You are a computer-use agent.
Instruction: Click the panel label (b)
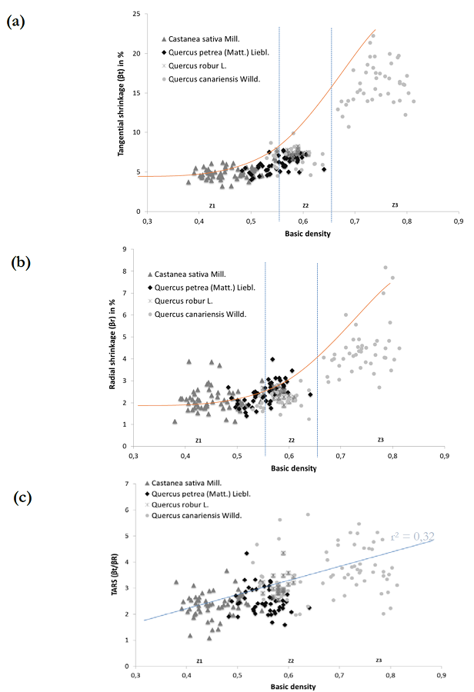tap(21, 263)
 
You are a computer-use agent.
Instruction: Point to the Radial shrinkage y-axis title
tap(112, 350)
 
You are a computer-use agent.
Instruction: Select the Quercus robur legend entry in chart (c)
tap(185, 504)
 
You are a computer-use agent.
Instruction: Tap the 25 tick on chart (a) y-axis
tap(135, 14)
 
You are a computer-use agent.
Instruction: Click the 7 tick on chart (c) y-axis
tap(123, 484)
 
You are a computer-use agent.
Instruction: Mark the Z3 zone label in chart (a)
tap(394, 205)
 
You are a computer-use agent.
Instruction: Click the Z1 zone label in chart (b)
tap(198, 440)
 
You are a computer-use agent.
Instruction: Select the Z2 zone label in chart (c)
tap(292, 661)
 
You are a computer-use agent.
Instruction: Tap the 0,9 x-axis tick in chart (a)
tap(459, 221)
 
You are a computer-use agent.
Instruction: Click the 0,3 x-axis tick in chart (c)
tap(133, 676)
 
